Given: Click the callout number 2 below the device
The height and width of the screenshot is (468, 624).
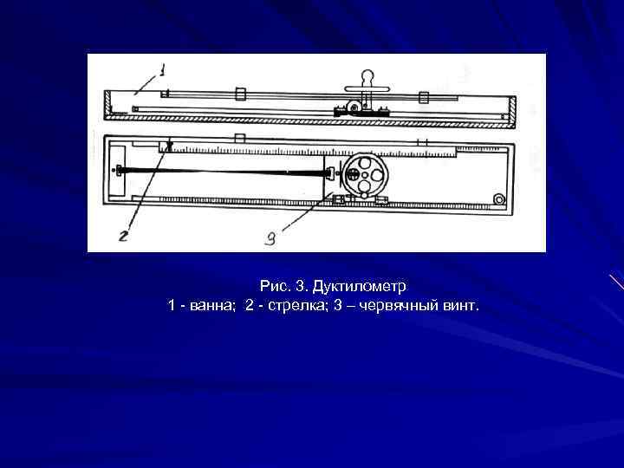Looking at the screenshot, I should (x=124, y=236).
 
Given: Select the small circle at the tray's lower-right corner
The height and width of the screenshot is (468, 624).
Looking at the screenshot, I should (x=498, y=200).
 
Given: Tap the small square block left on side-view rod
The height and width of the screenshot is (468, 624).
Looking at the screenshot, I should (x=240, y=95).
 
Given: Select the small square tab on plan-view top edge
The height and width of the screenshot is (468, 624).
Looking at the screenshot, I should (x=240, y=139).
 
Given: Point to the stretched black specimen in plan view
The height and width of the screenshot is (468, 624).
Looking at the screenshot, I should (x=225, y=172).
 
